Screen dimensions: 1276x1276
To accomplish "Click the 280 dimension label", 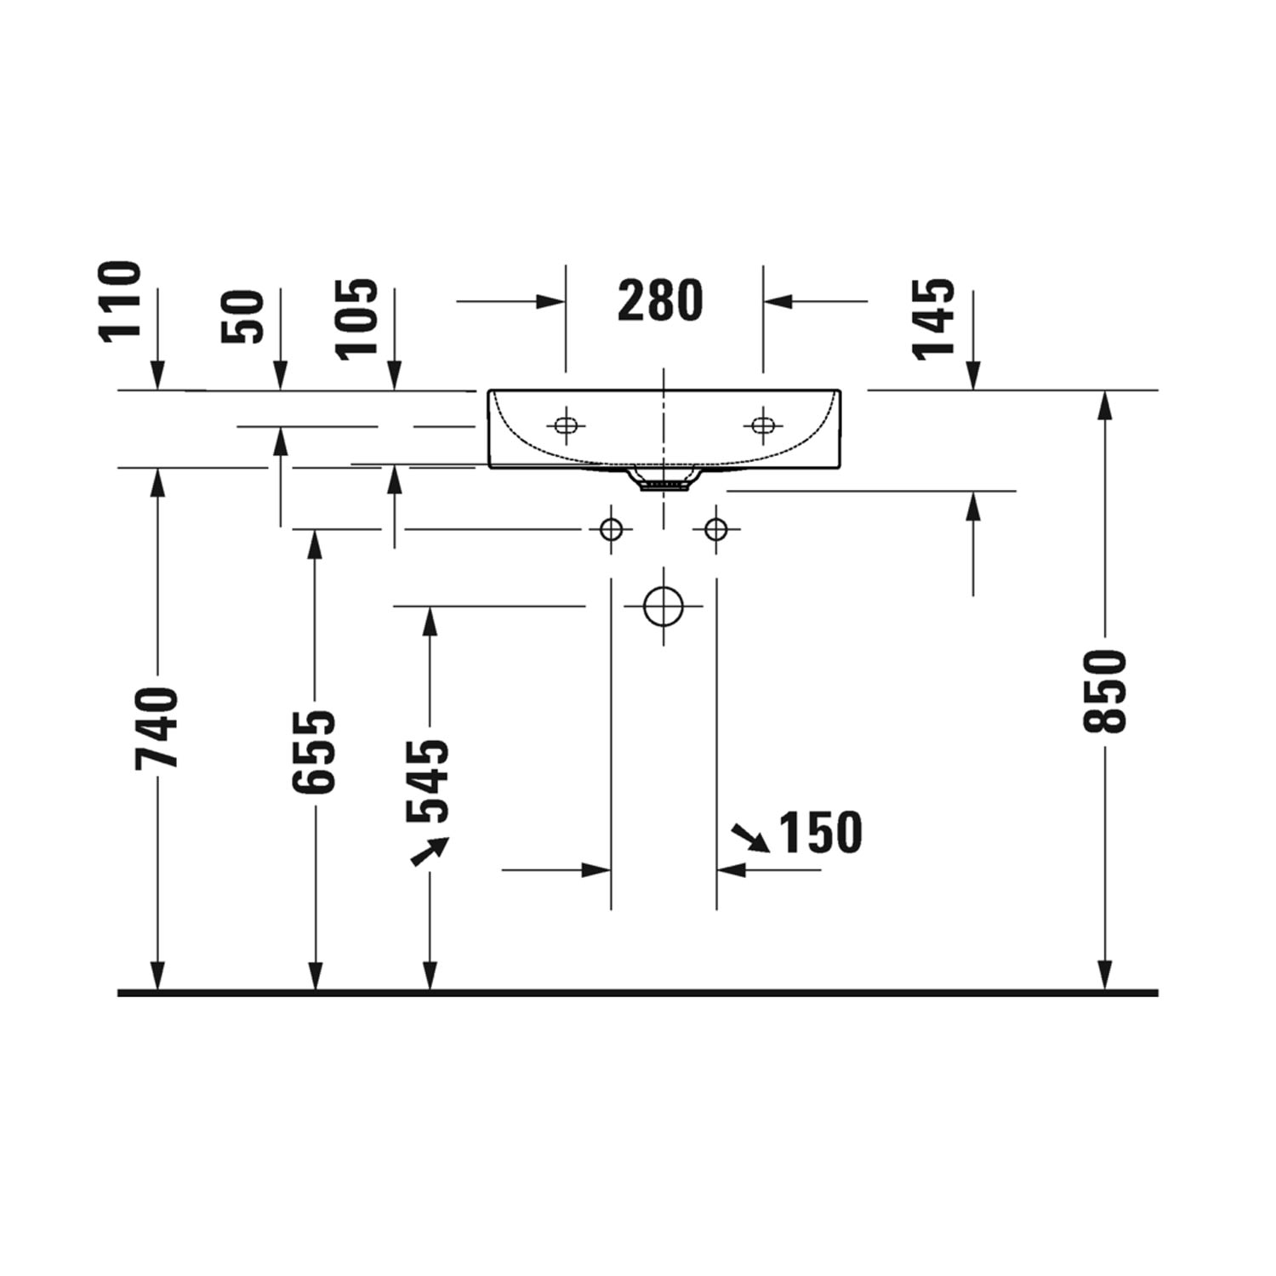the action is point(660,300).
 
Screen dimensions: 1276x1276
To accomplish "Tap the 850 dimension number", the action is point(1104,691).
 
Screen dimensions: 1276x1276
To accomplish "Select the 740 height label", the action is point(157,728).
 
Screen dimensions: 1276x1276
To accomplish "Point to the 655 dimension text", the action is point(314,751).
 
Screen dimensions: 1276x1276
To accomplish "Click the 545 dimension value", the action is point(428,782).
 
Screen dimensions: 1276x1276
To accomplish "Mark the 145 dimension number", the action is point(933,318).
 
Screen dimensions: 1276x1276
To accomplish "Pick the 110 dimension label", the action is point(120,300).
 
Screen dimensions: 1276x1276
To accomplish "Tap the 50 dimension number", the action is point(242,316).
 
